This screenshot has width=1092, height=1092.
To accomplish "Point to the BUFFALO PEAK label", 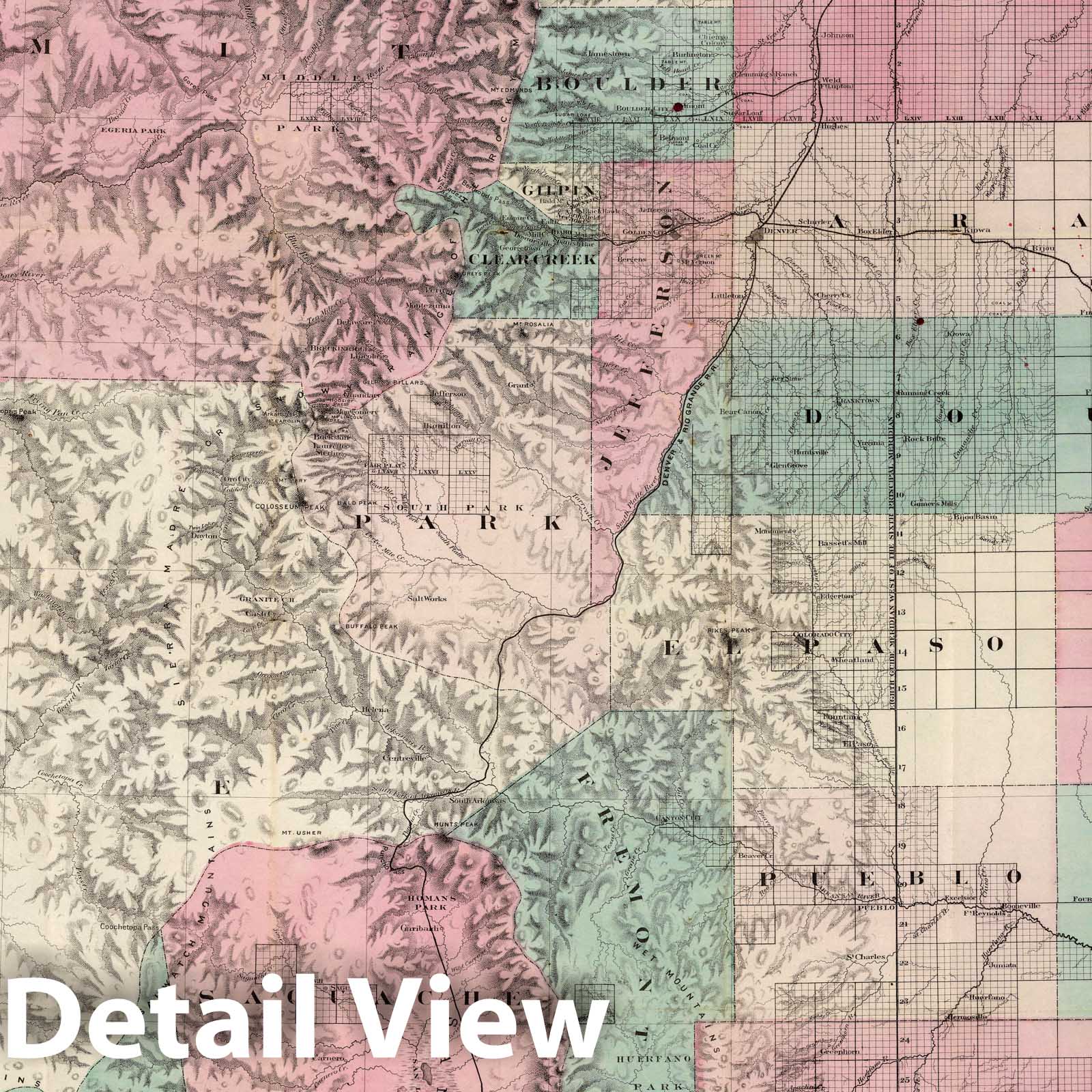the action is point(358,626).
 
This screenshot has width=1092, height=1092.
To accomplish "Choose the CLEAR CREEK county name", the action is point(533,259).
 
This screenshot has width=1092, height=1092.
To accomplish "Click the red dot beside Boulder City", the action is point(678,106).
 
